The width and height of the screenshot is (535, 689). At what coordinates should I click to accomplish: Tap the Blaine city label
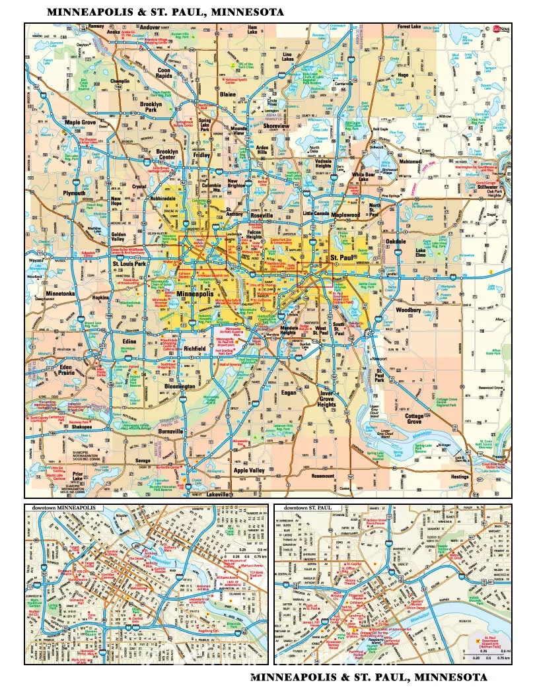pyautogui.click(x=227, y=94)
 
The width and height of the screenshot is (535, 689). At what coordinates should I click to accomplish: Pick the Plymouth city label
pyautogui.click(x=73, y=193)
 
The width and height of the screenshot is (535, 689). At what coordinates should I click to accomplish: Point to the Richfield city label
pyautogui.click(x=195, y=348)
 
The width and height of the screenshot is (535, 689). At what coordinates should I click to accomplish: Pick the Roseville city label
pyautogui.click(x=261, y=215)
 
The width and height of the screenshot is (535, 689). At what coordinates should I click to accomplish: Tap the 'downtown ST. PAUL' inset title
pyautogui.click(x=308, y=508)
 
